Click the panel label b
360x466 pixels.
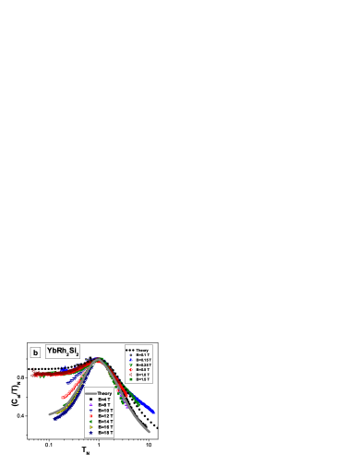tap(35, 352)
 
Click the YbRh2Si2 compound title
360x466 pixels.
tap(63, 352)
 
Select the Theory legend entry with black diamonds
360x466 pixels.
tap(138, 350)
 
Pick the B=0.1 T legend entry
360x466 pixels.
tap(139, 355)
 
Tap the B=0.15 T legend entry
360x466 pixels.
tap(140, 360)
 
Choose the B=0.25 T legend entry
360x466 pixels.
tap(140, 365)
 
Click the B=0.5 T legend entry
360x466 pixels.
tap(139, 370)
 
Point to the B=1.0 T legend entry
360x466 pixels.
tap(139, 375)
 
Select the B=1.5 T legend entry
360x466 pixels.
tap(139, 379)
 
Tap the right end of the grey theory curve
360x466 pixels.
tap(150, 432)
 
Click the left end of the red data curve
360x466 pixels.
tap(33, 375)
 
